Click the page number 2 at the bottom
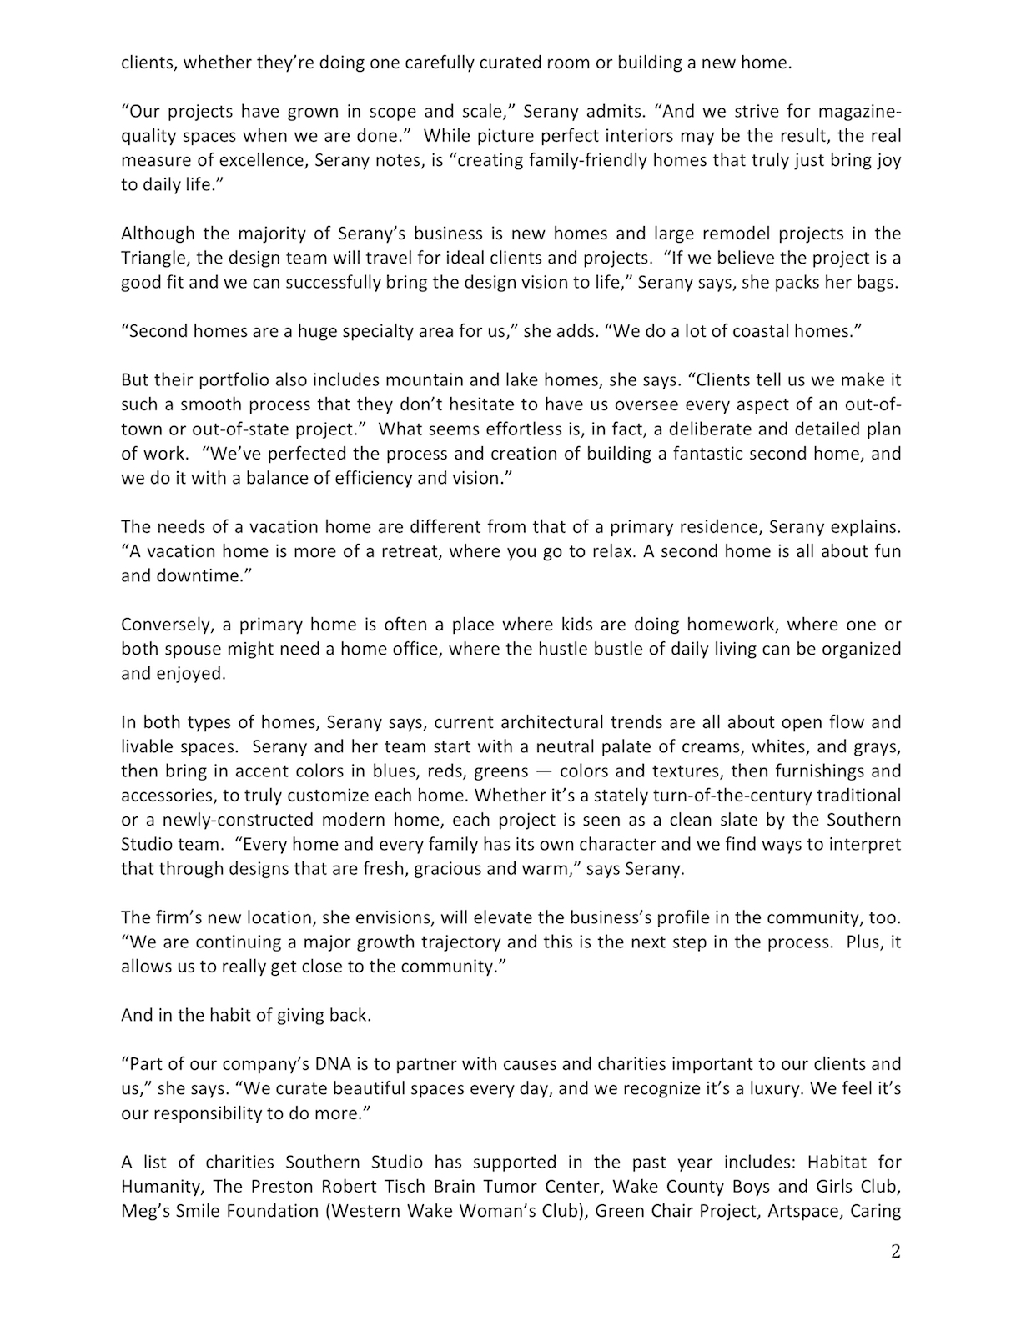tap(896, 1252)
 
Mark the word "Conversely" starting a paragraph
tap(165, 625)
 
